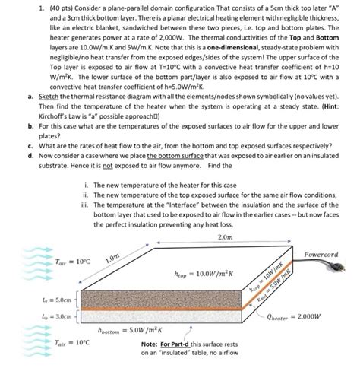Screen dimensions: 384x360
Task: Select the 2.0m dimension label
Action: tap(225, 236)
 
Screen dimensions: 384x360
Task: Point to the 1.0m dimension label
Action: tap(114, 258)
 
